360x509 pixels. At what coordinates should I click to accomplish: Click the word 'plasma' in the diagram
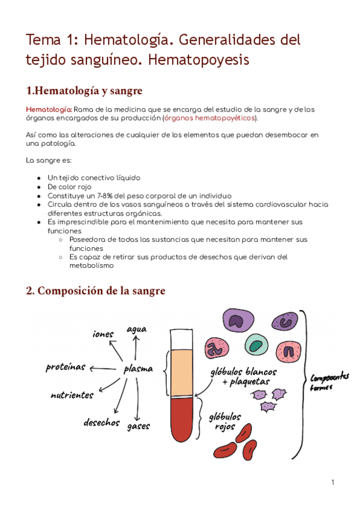[138, 369]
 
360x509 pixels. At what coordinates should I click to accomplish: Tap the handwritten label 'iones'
[103, 333]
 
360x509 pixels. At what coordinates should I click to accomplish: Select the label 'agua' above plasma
[136, 328]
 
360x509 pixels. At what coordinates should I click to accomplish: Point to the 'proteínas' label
[65, 367]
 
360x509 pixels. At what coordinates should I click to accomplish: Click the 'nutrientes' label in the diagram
[72, 396]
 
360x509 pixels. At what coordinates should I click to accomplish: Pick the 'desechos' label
[101, 422]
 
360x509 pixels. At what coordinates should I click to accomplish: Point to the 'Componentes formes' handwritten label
[329, 382]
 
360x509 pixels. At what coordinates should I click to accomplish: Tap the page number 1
[332, 482]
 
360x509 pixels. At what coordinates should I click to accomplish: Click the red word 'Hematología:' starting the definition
[49, 109]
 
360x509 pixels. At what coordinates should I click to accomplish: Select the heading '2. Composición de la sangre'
[95, 291]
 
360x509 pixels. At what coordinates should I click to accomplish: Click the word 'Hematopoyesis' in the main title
[198, 60]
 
